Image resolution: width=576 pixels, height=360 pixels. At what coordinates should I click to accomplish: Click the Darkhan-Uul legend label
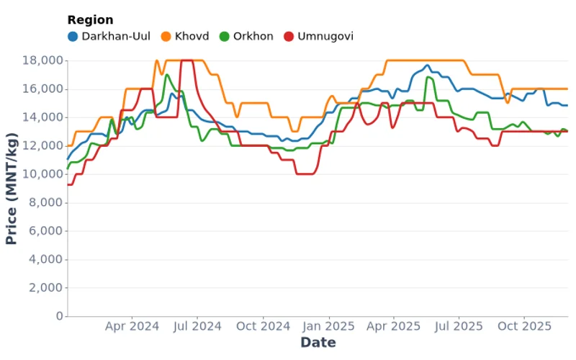115,36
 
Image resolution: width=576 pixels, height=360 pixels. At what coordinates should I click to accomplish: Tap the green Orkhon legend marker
224,36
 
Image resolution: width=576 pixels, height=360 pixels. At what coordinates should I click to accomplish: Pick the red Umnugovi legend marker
289,36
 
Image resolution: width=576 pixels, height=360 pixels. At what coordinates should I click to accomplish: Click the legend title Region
90,20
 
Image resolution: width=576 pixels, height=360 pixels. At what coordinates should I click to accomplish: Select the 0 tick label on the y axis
59,316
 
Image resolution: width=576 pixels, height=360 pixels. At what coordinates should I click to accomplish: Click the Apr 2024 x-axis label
132,326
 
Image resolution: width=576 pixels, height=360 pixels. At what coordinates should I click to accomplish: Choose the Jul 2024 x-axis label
197,326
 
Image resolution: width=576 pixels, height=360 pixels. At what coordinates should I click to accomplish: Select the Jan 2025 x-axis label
330,326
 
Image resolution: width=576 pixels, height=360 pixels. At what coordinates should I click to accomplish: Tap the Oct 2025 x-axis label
525,326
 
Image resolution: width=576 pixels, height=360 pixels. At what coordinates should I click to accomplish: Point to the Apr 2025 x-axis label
394,326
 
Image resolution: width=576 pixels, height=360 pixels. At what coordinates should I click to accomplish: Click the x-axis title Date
318,343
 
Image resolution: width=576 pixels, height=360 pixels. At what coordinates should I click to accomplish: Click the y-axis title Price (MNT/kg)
12,188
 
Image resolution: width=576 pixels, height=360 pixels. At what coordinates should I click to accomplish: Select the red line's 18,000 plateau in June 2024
186,60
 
